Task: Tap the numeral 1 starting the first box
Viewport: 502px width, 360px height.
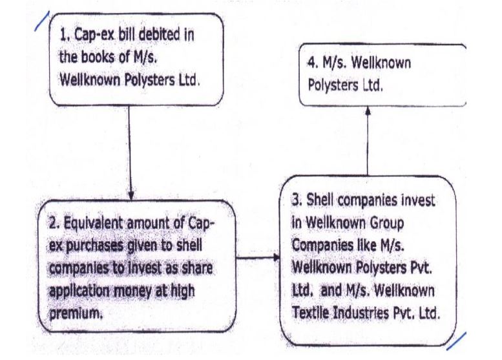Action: coord(63,36)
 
